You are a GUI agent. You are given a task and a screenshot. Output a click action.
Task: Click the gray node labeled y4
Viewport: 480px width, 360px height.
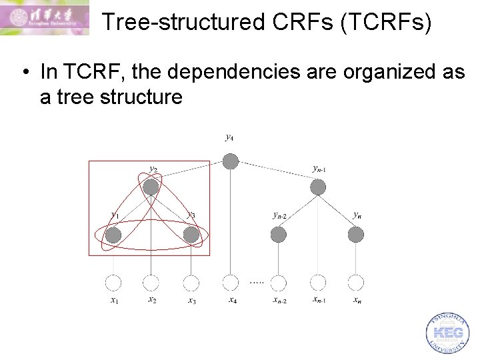point(230,161)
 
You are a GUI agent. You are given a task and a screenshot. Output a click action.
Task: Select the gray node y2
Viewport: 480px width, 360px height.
point(151,188)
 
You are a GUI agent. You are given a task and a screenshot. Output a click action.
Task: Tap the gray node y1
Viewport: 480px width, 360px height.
point(113,235)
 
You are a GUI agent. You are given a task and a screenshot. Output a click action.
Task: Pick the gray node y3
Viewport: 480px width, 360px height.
point(191,235)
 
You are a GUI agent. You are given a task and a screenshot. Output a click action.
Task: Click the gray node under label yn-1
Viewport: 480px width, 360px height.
point(318,188)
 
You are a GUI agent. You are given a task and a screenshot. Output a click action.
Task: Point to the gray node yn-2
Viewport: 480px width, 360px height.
point(279,235)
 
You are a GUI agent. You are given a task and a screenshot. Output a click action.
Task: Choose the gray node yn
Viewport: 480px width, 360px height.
point(356,235)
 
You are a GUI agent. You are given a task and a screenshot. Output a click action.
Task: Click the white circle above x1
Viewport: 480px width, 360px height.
point(113,283)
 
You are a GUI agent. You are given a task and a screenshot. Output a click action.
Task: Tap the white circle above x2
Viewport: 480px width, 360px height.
point(151,283)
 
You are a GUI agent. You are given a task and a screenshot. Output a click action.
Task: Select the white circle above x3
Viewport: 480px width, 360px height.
point(191,283)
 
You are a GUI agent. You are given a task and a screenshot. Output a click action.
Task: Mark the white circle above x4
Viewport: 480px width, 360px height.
point(230,283)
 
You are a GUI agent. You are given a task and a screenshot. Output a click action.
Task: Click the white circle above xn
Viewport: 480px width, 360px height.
point(356,283)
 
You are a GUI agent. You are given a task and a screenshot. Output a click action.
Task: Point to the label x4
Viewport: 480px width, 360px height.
point(232,300)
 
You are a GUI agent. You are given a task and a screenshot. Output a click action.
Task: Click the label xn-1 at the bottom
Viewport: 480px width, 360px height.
point(319,300)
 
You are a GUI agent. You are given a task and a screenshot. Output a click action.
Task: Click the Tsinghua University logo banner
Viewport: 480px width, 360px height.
point(45,18)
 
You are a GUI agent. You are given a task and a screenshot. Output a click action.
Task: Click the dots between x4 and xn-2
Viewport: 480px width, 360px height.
point(257,282)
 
